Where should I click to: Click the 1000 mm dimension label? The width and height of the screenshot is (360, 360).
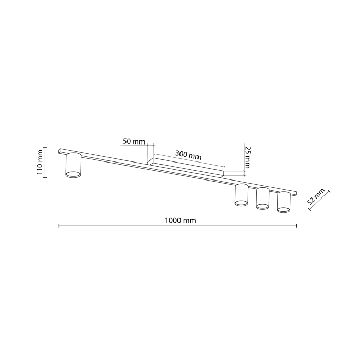[181, 220]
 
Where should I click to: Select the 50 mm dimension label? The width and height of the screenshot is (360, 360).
[134, 141]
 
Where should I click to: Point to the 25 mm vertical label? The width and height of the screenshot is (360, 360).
[247, 157]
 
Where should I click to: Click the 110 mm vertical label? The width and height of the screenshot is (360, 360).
[40, 163]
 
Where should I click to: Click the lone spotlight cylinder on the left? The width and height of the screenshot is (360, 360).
[73, 165]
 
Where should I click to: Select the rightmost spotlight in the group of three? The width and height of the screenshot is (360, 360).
[283, 202]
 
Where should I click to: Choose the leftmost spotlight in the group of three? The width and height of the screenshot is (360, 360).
[241, 194]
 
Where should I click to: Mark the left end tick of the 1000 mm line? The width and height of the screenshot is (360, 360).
[59, 225]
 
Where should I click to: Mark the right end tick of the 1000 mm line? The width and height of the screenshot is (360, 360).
[297, 225]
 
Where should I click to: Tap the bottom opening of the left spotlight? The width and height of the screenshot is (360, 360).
[73, 176]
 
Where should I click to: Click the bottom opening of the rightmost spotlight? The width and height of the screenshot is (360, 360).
[283, 209]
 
